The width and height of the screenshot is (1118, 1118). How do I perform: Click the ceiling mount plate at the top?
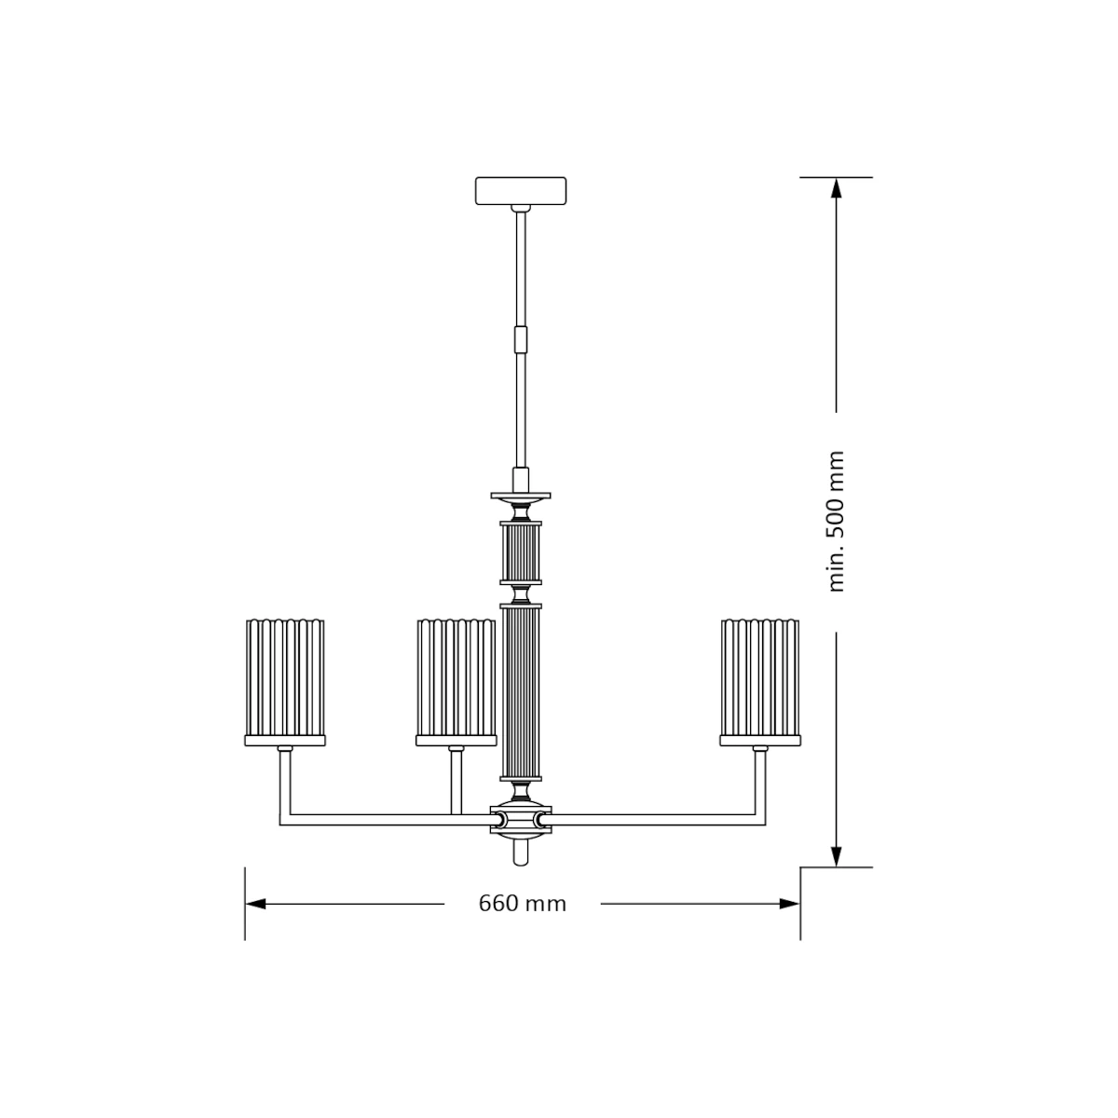tap(521, 191)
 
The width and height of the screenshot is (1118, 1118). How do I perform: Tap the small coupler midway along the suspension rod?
tap(521, 340)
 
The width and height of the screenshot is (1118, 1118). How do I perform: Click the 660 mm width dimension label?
tap(522, 904)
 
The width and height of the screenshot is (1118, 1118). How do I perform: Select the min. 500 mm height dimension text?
tap(836, 523)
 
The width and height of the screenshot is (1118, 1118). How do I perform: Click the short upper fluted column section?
tap(521, 552)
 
